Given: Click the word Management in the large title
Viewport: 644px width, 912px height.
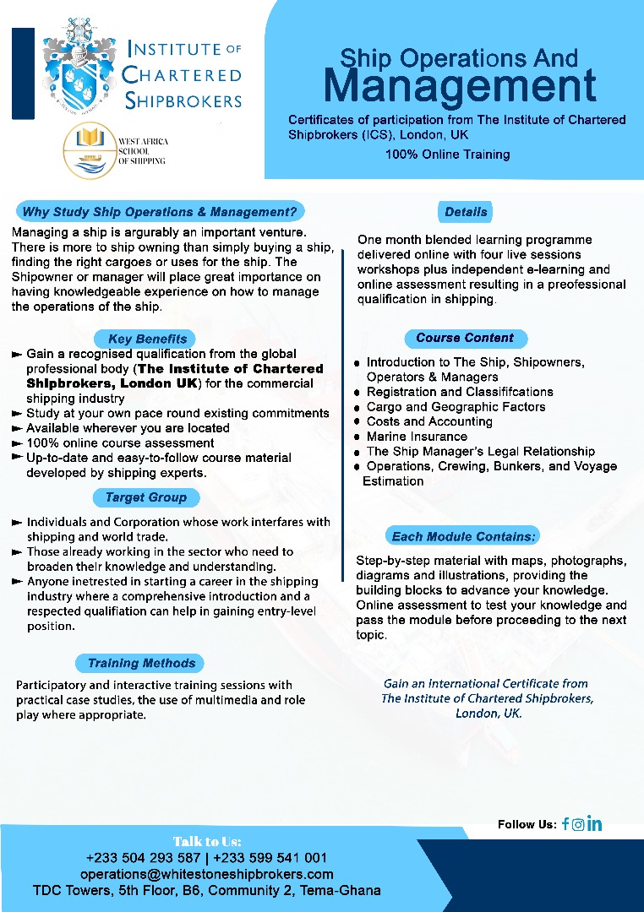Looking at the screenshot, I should tap(460, 86).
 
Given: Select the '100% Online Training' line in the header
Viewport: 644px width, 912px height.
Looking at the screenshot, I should tap(447, 155).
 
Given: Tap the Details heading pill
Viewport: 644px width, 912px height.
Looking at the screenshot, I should tap(466, 211).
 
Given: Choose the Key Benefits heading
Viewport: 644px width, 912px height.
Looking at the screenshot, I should tap(147, 339).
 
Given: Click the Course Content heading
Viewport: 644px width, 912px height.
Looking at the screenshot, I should tap(464, 338).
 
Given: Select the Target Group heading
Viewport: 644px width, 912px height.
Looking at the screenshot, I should tap(146, 497).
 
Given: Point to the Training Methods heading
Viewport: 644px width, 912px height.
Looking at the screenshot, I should tap(141, 663).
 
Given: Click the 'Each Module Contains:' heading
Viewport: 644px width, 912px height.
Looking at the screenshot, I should tap(464, 536).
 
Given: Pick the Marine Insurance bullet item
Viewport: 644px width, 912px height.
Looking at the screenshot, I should tap(417, 437).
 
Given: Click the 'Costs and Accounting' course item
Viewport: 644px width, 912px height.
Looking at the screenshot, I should tap(429, 421).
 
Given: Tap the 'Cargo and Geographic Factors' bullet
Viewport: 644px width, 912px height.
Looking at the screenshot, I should tap(456, 407).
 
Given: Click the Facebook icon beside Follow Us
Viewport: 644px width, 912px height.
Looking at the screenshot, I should tap(565, 824).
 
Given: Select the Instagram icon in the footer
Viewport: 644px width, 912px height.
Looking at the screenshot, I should tap(578, 824).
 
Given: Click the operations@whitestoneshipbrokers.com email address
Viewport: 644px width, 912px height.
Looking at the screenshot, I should tap(207, 874).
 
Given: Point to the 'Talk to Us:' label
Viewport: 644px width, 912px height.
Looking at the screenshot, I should tap(207, 841).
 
